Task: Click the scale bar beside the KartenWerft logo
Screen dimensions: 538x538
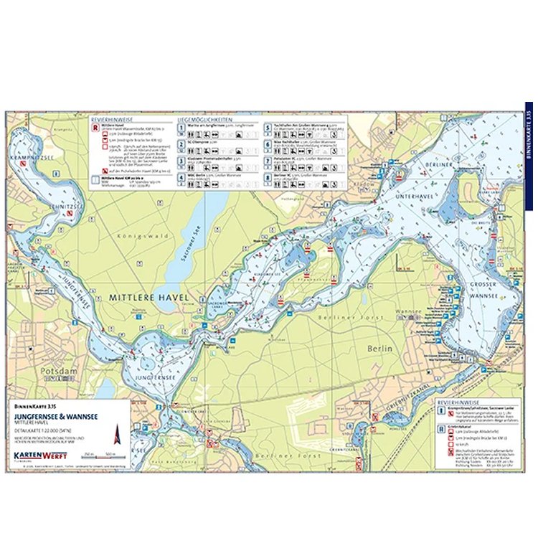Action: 101,457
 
